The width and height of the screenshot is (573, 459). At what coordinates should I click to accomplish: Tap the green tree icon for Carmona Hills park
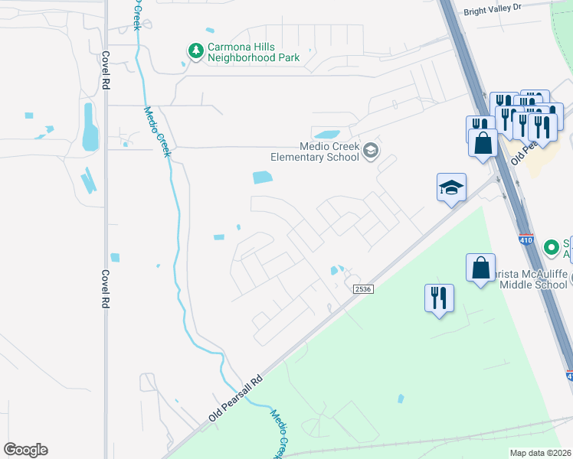click(196, 50)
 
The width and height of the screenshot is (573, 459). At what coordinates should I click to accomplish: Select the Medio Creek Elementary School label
click(314, 151)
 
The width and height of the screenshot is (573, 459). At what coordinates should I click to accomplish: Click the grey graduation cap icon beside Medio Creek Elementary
click(371, 151)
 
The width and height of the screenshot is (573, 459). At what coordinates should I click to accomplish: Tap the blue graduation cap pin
click(451, 187)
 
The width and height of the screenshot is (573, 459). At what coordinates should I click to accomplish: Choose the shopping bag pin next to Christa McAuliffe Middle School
click(480, 269)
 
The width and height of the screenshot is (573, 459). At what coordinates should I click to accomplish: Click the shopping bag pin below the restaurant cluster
click(483, 144)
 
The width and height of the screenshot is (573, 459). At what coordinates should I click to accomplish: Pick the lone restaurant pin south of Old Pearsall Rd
click(439, 298)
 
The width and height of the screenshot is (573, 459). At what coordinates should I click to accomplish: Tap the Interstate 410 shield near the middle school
click(526, 239)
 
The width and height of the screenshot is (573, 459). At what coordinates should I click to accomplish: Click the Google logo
click(25, 450)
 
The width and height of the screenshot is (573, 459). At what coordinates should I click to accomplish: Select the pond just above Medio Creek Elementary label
click(326, 135)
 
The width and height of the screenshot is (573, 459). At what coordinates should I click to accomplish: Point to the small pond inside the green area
click(401, 399)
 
